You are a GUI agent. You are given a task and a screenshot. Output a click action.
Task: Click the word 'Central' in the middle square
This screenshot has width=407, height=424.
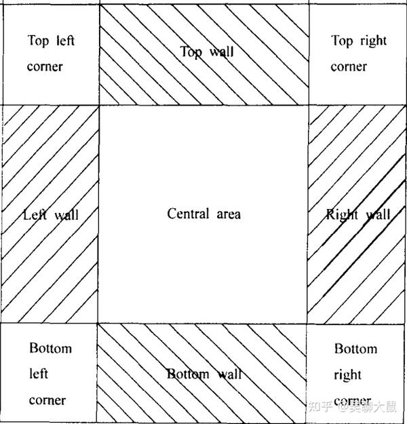pyautogui.click(x=188, y=214)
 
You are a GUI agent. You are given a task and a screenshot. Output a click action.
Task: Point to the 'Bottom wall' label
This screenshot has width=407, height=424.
pyautogui.click(x=204, y=374)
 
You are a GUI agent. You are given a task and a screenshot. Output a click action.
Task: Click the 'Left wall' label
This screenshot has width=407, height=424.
pyautogui.click(x=51, y=216)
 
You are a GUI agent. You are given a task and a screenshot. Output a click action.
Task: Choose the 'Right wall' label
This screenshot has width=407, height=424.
pyautogui.click(x=357, y=216)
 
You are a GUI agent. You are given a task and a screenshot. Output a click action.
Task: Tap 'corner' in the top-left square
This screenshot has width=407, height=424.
pyautogui.click(x=45, y=66)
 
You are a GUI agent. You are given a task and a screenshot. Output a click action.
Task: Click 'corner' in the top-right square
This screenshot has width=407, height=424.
pyautogui.click(x=349, y=66)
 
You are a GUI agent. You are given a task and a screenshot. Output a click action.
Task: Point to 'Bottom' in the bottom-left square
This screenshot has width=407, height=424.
pyautogui.click(x=50, y=349)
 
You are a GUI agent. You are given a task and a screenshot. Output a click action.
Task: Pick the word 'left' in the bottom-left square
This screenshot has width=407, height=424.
pyautogui.click(x=38, y=374)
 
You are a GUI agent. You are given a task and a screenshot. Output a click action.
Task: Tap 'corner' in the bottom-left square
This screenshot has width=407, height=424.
pyautogui.click(x=47, y=400)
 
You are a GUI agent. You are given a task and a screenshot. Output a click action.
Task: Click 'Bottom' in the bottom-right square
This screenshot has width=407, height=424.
pyautogui.click(x=355, y=349)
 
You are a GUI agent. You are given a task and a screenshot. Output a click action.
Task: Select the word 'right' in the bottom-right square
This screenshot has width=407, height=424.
pyautogui.click(x=347, y=374)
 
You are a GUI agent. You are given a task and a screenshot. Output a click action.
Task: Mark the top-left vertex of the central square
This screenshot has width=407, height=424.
pyautogui.click(x=100, y=105)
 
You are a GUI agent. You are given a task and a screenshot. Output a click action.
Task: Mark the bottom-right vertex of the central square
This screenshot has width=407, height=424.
pyautogui.click(x=309, y=324)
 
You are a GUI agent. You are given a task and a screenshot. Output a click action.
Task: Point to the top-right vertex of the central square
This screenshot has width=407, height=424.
pyautogui.click(x=309, y=105)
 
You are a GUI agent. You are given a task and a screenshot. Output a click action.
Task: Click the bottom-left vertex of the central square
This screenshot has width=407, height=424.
pyautogui.click(x=100, y=324)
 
